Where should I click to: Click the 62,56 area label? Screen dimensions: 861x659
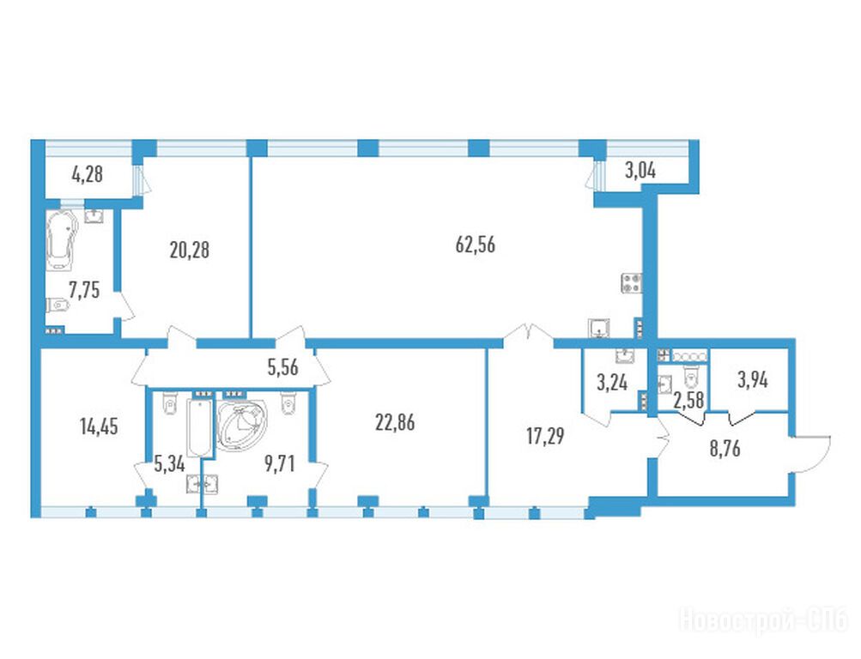point(476,245)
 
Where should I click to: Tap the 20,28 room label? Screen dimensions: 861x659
point(190,251)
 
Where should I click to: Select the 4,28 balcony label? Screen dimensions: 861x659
point(88,174)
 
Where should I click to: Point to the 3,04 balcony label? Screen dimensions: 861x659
point(640,172)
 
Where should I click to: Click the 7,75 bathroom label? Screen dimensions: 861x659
point(84,289)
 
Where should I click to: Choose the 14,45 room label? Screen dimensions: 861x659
point(99,426)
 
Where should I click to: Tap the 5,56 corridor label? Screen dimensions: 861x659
point(283,367)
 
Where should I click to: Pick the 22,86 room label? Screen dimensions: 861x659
point(396,422)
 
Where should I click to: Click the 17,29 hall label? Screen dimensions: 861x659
point(545,436)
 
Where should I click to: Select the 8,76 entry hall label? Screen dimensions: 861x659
point(725,448)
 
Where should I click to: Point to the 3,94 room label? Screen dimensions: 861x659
point(752,380)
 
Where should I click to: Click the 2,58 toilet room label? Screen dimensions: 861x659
point(688,400)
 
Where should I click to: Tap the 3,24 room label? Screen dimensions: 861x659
point(612,382)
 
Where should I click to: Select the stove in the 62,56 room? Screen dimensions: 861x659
point(632,283)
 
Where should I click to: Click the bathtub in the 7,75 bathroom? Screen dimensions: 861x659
point(61,240)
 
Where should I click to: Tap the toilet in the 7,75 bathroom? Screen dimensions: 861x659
point(58,304)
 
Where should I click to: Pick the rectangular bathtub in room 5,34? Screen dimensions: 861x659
point(199,428)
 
